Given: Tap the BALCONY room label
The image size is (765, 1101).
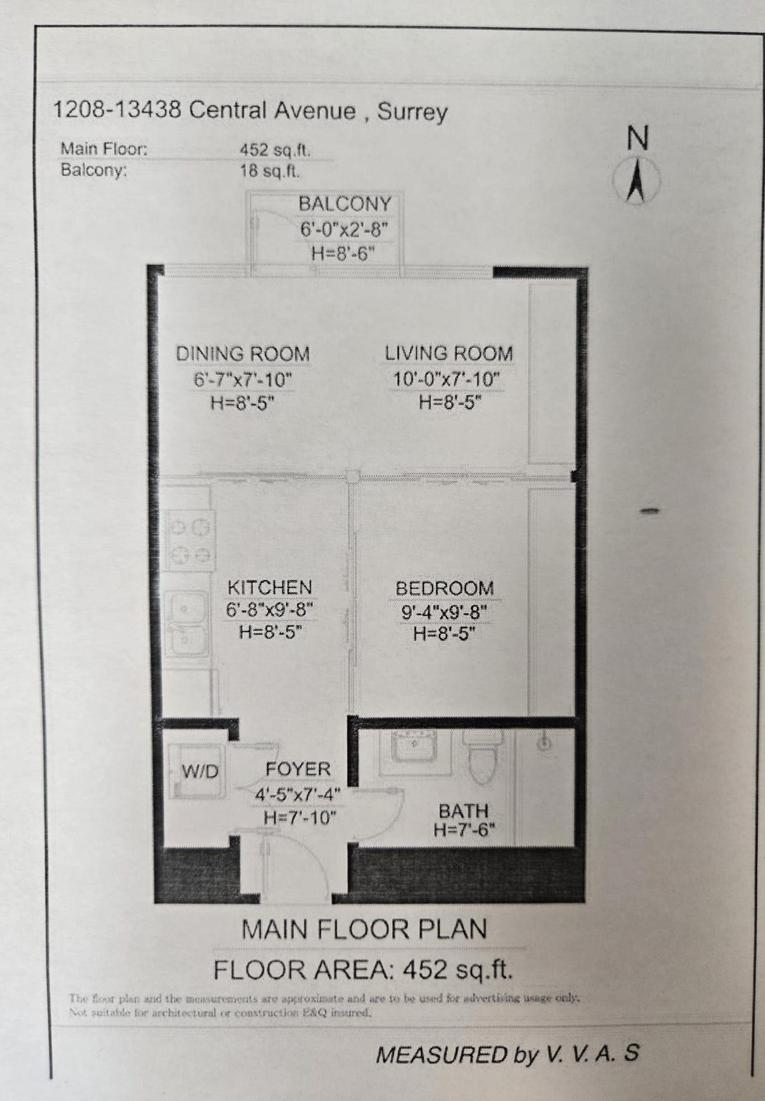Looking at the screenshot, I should [x=345, y=204].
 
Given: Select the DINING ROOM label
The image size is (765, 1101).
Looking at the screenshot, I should [x=243, y=354].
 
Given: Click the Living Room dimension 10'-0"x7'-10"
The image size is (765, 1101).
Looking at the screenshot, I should [x=446, y=380].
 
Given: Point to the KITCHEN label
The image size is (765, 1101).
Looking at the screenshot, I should [x=270, y=588].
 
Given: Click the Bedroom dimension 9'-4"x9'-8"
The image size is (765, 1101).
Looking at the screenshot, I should [x=445, y=613].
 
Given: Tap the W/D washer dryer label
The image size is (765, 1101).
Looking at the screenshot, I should [x=200, y=772].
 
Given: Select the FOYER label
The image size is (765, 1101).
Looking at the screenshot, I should [x=298, y=769].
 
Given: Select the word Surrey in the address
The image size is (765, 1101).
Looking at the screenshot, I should [x=412, y=112].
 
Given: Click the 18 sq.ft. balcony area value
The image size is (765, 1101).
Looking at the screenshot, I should [x=270, y=170].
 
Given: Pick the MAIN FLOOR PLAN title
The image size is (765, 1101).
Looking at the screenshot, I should [x=364, y=930].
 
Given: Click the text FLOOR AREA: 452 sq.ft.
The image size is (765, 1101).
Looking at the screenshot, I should [x=363, y=970].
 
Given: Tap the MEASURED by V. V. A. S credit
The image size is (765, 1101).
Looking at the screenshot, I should [x=507, y=1054].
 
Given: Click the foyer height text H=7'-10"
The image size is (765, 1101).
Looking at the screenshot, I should [x=300, y=818].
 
